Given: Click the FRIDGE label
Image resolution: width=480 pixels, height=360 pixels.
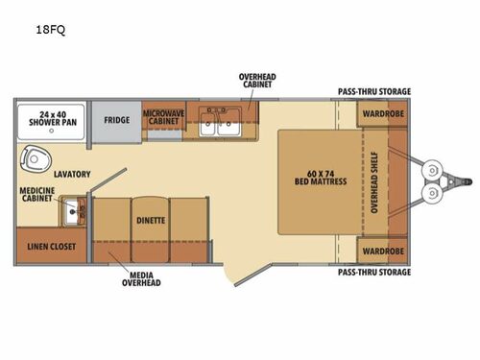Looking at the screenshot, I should pyautogui.click(x=117, y=120).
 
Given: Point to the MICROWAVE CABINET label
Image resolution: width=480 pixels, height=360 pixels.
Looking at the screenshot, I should pyautogui.click(x=164, y=117).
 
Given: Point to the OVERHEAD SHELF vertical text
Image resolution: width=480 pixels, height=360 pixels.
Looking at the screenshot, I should pyautogui.click(x=390, y=183).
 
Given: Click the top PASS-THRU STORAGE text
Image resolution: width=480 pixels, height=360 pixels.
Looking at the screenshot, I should pyautogui.click(x=373, y=92).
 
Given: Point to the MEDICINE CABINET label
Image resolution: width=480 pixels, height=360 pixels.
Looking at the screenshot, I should pyautogui.click(x=36, y=197).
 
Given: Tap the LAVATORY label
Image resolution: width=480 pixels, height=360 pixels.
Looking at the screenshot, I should pyautogui.click(x=72, y=174).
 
